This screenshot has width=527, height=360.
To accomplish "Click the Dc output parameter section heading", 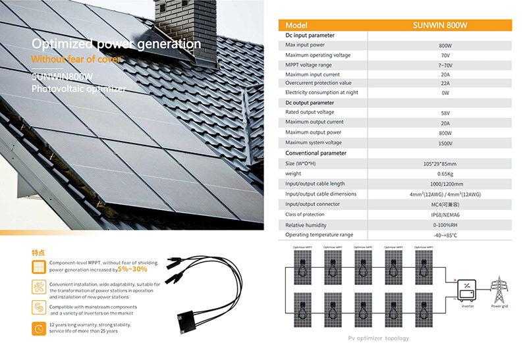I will pos(310,103).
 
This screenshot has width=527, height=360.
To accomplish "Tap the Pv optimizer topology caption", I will pos(378,338).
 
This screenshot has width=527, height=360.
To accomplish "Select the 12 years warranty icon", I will pos(39,328).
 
